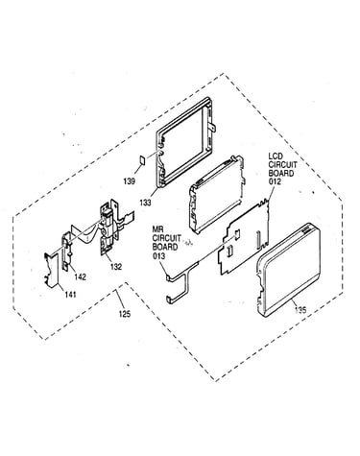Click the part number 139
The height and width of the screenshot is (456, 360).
tap(130, 181)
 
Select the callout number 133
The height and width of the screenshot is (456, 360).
tap(145, 203)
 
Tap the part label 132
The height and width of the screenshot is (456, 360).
tap(116, 266)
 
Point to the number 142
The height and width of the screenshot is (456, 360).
tap(80, 276)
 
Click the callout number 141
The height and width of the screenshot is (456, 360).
tap(70, 294)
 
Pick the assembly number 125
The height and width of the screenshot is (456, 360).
tap(125, 314)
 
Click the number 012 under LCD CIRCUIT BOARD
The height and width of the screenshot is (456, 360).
tap(275, 181)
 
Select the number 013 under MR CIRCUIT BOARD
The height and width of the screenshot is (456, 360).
tap(158, 255)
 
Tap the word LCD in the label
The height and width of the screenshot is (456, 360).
tap(276, 156)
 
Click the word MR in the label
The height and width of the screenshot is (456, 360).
tap(157, 230)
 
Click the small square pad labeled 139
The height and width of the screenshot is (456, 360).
tap(143, 159)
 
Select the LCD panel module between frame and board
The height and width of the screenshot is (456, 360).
tap(218, 195)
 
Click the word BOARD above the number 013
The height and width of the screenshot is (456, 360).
tap(165, 247)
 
